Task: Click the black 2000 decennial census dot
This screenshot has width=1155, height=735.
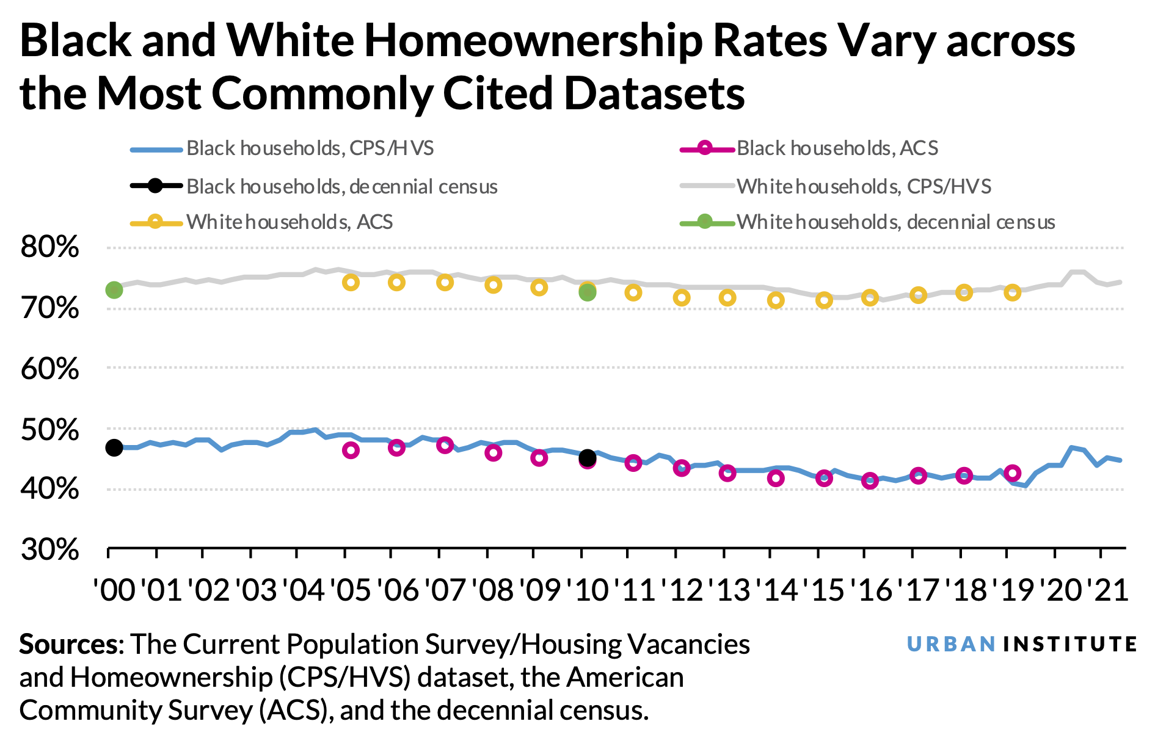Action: [114, 447]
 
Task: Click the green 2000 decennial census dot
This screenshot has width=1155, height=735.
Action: [114, 290]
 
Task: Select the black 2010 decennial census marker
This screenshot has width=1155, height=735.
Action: [587, 457]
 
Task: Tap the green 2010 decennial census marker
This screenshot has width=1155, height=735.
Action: [587, 293]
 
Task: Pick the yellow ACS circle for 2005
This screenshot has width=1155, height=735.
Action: [351, 282]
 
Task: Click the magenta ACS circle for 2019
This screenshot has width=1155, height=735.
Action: [1013, 472]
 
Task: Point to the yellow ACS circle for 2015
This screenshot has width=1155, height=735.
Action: [824, 300]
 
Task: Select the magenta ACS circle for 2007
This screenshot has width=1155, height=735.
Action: [445, 445]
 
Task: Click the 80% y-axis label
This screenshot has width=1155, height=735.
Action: [50, 247]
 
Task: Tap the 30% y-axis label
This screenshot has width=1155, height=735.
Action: [50, 549]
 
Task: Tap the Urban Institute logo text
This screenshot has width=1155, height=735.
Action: [1021, 645]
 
